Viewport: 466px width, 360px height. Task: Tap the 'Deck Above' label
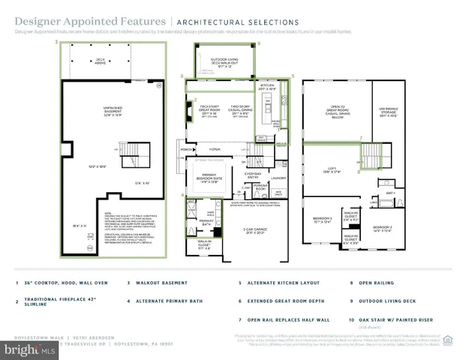click(100, 61)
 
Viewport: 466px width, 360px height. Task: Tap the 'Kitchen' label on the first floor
click(268, 88)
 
